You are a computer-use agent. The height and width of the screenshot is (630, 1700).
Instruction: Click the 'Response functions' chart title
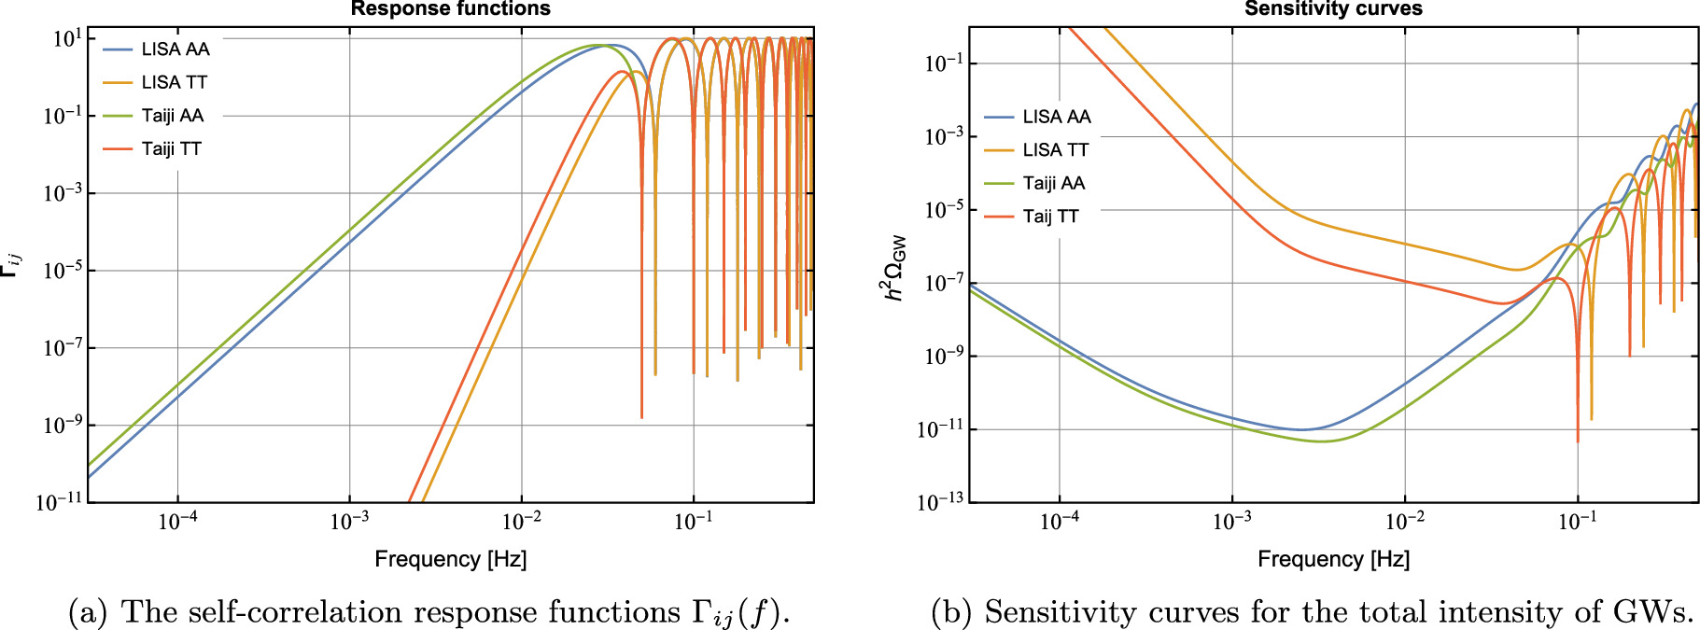450,9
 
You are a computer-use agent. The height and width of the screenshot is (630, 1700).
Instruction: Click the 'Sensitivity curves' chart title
1333,9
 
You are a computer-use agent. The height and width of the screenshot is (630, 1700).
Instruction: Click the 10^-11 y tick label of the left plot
59,502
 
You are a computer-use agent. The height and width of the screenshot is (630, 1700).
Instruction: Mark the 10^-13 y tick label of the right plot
940,502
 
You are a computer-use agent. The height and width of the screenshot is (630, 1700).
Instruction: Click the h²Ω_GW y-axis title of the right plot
894,268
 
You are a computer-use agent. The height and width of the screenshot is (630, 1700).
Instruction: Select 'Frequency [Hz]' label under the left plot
450,559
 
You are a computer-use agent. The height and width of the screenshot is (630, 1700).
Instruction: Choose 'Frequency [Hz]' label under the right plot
1333,559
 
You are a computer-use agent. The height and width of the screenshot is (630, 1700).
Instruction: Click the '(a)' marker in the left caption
87,612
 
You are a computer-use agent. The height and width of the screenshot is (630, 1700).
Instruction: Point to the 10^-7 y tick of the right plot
942,283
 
